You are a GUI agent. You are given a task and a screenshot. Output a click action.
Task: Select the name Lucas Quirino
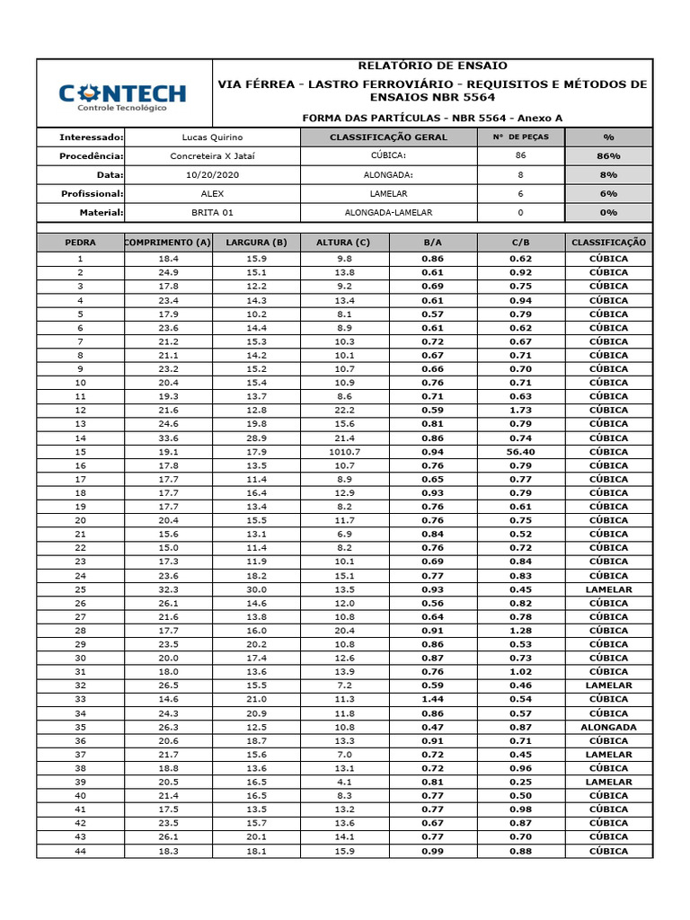pos(212,137)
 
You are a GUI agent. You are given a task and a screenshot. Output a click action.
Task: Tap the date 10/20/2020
pos(212,175)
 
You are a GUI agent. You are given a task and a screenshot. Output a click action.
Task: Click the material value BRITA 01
pos(212,213)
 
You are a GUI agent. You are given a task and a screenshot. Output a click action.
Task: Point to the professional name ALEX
pos(212,194)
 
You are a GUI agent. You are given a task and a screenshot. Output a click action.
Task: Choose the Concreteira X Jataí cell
pos(212,156)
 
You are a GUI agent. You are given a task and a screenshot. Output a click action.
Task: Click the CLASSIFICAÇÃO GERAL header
pos(388,137)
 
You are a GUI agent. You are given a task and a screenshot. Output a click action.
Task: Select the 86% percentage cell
pos(608,156)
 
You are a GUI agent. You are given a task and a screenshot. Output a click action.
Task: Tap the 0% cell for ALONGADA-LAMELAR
pos(608,213)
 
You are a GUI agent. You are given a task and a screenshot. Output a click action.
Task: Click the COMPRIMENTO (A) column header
pos(168,243)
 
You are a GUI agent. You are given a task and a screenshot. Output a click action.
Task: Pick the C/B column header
pos(521,243)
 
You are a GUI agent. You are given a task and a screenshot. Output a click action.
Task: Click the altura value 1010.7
pos(345,452)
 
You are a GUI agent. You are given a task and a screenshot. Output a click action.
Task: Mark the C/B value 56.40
pos(521,452)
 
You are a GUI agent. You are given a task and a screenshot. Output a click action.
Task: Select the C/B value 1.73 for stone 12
pos(521,411)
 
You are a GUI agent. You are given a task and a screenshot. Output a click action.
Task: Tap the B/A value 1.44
pos(433,699)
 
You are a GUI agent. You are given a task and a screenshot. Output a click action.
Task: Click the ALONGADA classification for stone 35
pos(608,727)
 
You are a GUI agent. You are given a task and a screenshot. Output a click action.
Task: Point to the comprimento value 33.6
pos(168,438)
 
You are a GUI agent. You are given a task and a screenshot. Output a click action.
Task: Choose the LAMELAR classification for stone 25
pos(608,589)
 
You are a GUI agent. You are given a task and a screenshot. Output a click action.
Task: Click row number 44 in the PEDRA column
pos(80,851)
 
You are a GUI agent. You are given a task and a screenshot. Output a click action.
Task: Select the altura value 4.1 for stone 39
pos(345,782)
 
